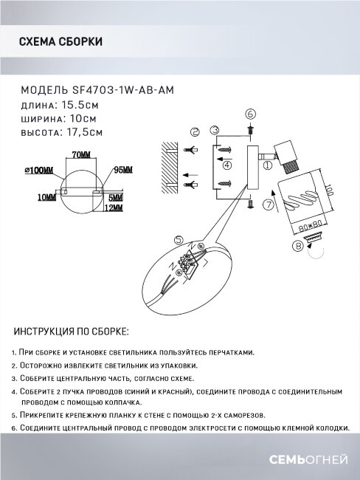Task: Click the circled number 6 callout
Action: tap(249, 114)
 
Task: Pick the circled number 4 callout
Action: tap(227, 166)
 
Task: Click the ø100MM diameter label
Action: tap(40, 170)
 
